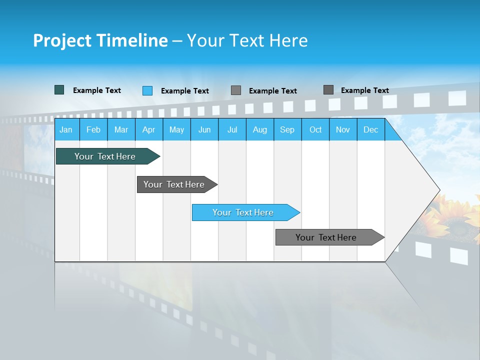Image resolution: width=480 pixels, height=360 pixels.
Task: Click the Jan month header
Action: (x=66, y=129)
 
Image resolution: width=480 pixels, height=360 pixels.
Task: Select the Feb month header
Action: (x=93, y=129)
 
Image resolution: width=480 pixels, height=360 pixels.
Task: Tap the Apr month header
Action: (x=148, y=129)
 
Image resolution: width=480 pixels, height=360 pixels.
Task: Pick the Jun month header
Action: (x=204, y=129)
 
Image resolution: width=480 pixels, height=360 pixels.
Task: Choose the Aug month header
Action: (x=259, y=129)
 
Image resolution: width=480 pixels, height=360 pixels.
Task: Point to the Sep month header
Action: (x=287, y=129)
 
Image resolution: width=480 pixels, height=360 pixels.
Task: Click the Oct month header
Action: (x=315, y=129)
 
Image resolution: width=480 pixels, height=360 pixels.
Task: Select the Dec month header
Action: (x=370, y=129)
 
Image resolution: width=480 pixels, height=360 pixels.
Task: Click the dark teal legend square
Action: (x=59, y=90)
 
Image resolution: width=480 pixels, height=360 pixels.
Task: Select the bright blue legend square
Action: (x=147, y=90)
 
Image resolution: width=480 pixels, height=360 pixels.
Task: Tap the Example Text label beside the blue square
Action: (x=184, y=91)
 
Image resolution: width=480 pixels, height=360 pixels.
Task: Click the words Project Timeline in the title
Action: (x=100, y=40)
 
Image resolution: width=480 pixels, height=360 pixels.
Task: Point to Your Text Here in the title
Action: (x=247, y=40)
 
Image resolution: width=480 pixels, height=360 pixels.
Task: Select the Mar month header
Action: (x=121, y=129)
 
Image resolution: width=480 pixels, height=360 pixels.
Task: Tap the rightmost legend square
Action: (x=328, y=90)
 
